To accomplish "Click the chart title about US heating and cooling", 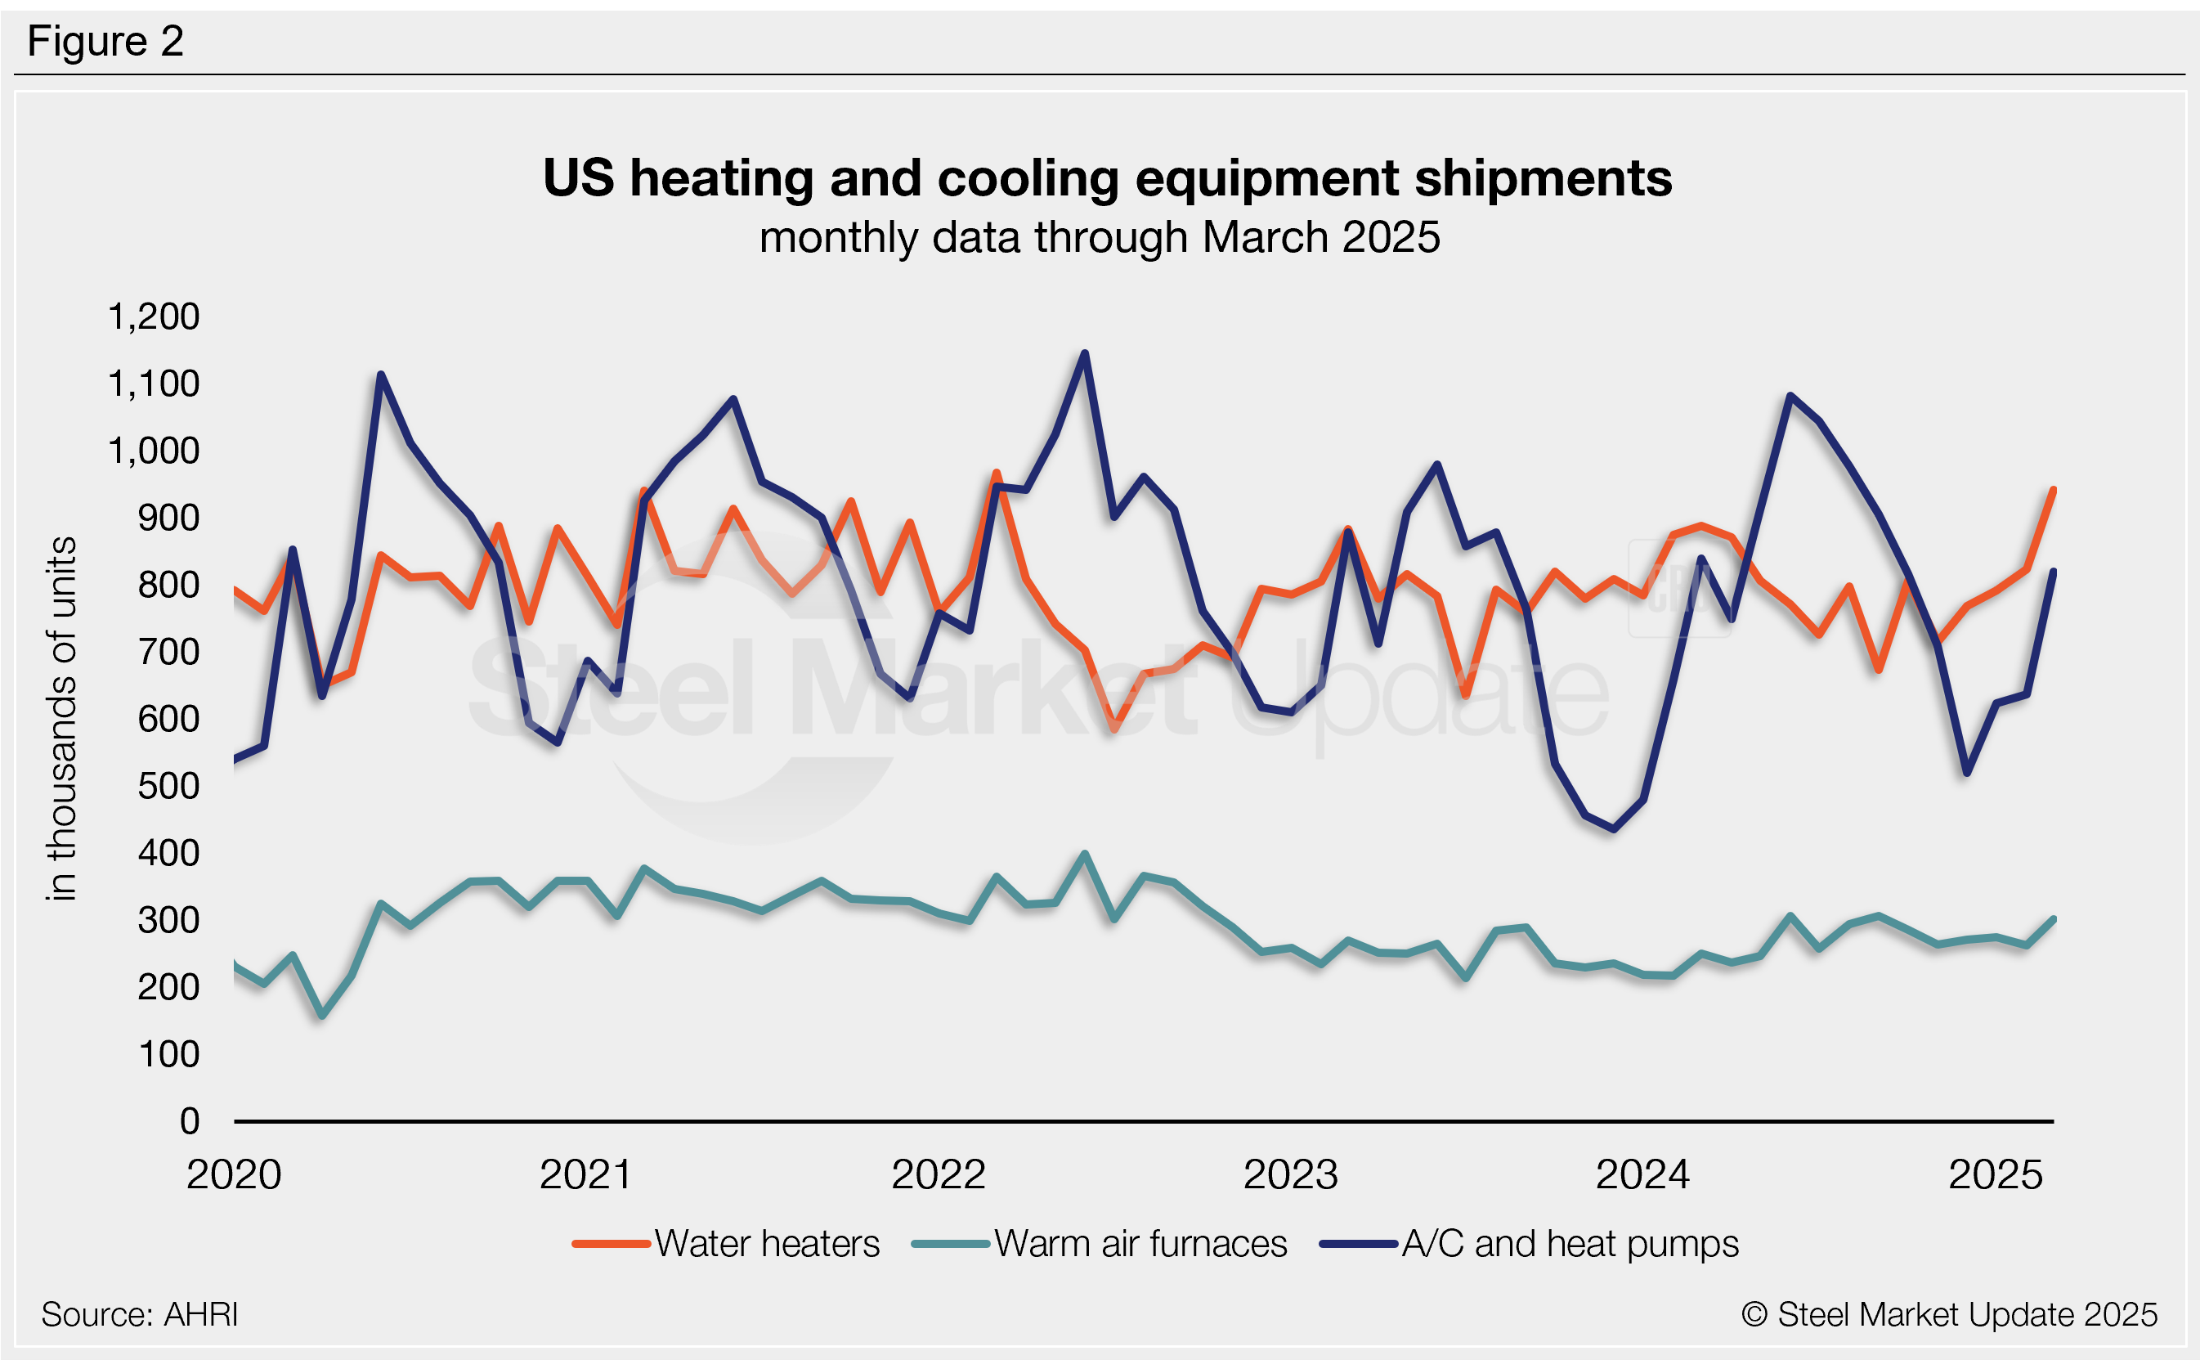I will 1107,178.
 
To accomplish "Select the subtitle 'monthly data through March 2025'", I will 1100,237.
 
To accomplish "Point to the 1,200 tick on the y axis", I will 154,316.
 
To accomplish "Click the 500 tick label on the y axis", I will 168,786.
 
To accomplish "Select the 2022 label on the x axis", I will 939,1174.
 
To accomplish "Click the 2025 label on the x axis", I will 1996,1174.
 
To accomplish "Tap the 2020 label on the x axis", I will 234,1174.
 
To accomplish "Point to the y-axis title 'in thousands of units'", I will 62,719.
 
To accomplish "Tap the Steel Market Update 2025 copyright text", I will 1949,1315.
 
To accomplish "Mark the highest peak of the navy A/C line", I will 1085,353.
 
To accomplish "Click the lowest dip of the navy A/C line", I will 1614,829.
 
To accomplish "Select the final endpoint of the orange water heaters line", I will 2054,490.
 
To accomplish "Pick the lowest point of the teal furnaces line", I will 323,1017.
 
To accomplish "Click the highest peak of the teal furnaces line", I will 1085,854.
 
